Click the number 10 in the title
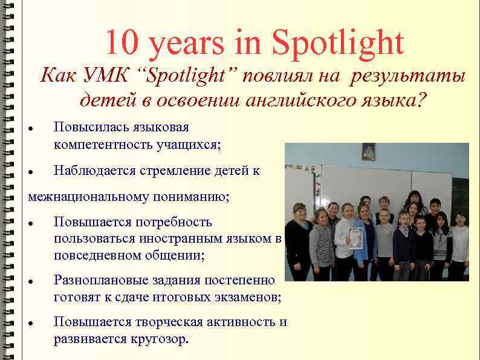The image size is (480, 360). click(x=122, y=43)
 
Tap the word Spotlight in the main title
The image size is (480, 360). click(x=338, y=43)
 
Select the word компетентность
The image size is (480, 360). click(x=102, y=145)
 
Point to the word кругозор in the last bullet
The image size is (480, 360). click(x=160, y=338)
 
